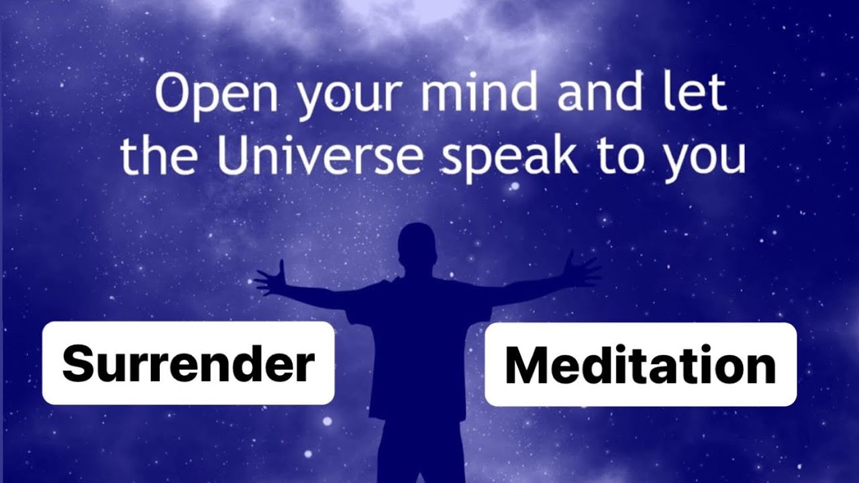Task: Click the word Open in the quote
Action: (215, 95)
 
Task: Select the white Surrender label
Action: (188, 363)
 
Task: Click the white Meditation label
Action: (640, 364)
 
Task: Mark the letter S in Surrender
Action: (78, 364)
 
